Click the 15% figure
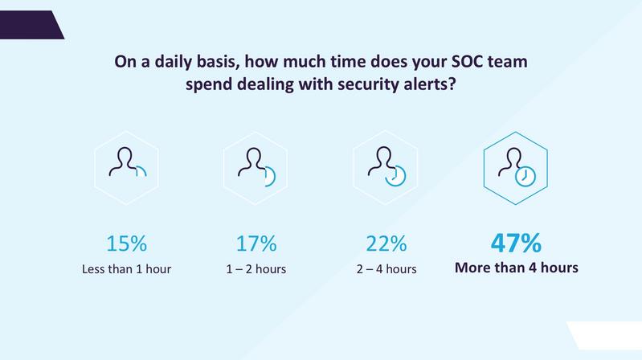tap(126, 243)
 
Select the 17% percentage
tap(256, 243)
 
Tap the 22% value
tap(386, 243)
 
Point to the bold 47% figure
tap(516, 243)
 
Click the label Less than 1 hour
tap(126, 269)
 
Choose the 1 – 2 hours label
tap(256, 269)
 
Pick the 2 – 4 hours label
tap(386, 269)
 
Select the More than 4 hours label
tap(517, 268)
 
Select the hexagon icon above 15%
tap(126, 168)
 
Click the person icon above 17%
tap(251, 162)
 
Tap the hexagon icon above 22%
tap(386, 168)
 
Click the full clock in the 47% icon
tap(525, 177)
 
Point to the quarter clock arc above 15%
tap(144, 169)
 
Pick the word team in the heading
tap(508, 62)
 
